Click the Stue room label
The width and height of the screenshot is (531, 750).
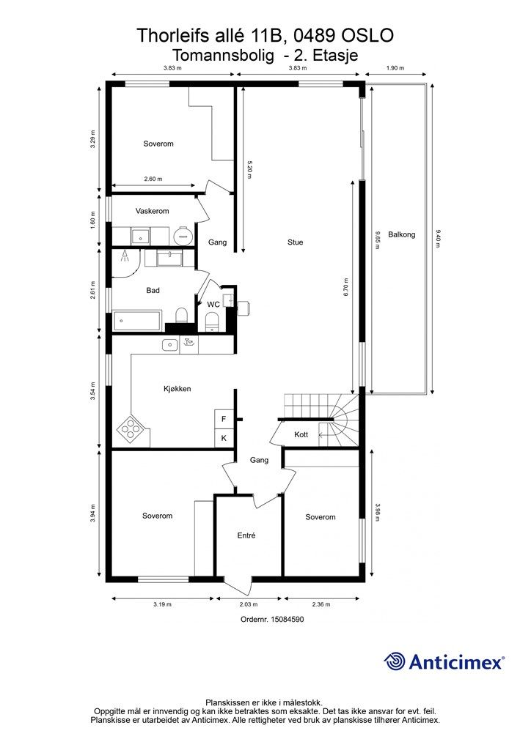(x=295, y=242)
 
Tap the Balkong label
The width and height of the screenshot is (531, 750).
(x=401, y=234)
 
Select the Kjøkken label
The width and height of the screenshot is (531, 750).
(x=177, y=389)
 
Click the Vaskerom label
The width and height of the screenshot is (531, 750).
(x=153, y=211)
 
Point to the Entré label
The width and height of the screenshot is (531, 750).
(x=246, y=535)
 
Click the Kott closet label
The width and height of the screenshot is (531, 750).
(x=301, y=434)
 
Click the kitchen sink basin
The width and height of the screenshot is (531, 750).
(x=170, y=344)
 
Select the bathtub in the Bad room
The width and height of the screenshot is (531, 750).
(x=137, y=320)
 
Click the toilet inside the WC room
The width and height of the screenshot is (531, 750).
(x=211, y=321)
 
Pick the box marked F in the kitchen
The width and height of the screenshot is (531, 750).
(x=224, y=420)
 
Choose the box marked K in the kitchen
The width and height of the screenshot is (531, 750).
(x=224, y=438)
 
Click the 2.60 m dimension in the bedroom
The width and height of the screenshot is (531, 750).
(x=153, y=179)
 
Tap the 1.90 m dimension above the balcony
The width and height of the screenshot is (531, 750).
(x=395, y=68)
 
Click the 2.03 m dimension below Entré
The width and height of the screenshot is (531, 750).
(x=249, y=604)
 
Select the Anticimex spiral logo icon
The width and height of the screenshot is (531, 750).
(x=395, y=662)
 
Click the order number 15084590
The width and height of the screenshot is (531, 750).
(x=288, y=619)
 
